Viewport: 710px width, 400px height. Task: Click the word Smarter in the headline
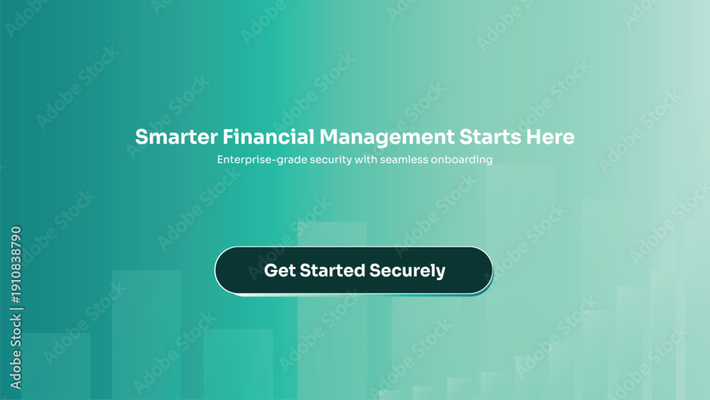tap(176, 137)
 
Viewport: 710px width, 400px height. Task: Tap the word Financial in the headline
tap(268, 137)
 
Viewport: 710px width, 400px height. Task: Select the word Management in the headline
tap(387, 138)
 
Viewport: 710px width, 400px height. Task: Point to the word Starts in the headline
tap(490, 137)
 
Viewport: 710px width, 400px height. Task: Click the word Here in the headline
tap(550, 137)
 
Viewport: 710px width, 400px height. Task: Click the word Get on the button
tap(280, 271)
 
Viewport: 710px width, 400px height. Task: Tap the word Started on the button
tap(332, 271)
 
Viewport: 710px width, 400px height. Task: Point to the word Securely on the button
tap(408, 271)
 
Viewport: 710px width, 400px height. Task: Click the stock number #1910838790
tap(16, 265)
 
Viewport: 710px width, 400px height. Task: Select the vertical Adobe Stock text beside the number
tap(16, 352)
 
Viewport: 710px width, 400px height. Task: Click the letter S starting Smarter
tap(142, 137)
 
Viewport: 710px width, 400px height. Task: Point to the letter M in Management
tap(329, 137)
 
